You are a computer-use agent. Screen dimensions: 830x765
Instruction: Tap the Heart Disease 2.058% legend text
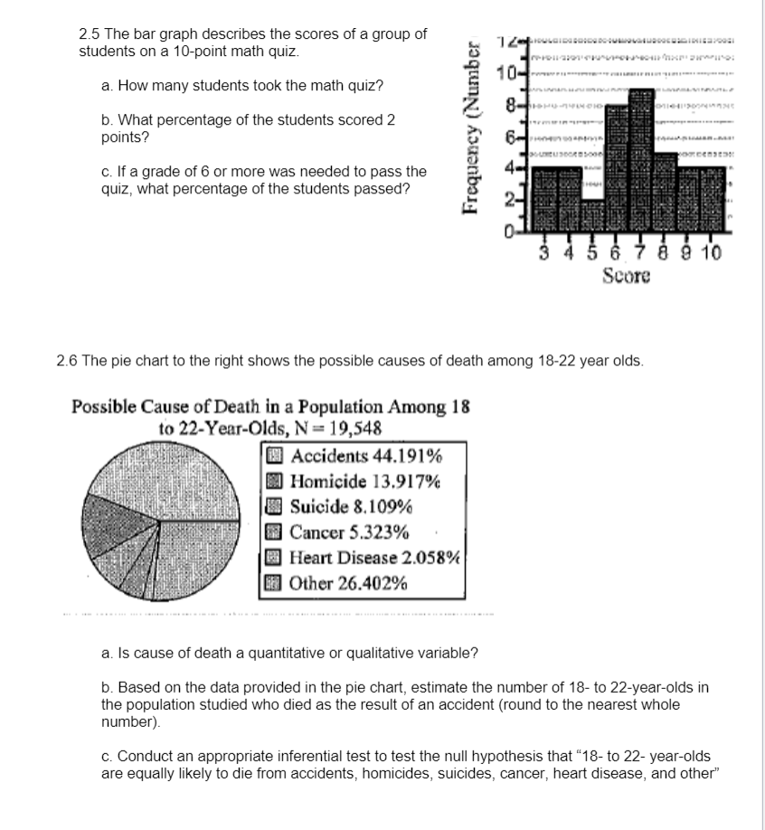[375, 558]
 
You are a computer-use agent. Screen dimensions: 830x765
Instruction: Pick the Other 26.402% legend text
[348, 583]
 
